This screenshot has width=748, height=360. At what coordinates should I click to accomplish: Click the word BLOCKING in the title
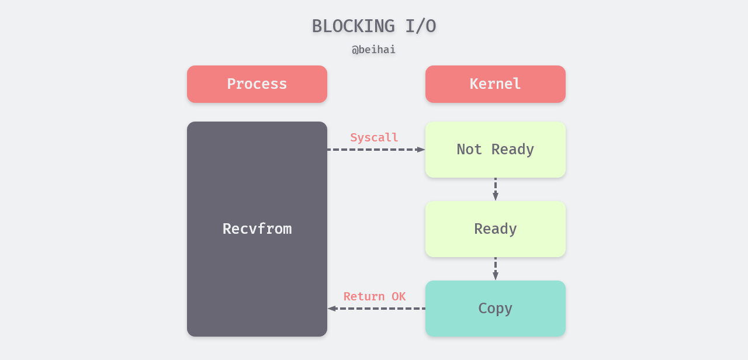coord(353,26)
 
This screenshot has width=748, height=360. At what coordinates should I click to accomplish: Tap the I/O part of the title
coord(420,26)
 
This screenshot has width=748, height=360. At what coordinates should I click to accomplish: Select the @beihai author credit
coord(373,50)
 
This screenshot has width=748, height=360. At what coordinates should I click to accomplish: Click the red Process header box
coord(257,84)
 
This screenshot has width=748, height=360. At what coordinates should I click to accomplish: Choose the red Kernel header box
coord(495,84)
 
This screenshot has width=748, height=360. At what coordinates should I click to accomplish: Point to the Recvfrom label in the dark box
coord(257,229)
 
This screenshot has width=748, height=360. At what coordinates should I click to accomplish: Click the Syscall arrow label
coord(374,138)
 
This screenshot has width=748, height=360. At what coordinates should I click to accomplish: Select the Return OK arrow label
coord(374,297)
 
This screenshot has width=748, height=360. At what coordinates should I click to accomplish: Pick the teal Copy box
coord(495,309)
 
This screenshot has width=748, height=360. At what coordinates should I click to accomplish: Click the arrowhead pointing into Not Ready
coord(421,150)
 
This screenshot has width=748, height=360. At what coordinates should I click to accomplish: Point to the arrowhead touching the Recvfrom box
coord(332,309)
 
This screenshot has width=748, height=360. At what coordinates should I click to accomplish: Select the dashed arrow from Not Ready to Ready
coord(496,188)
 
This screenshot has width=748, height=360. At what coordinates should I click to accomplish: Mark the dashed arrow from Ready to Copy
coord(496,268)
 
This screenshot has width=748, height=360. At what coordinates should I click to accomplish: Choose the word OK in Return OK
coord(399,297)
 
